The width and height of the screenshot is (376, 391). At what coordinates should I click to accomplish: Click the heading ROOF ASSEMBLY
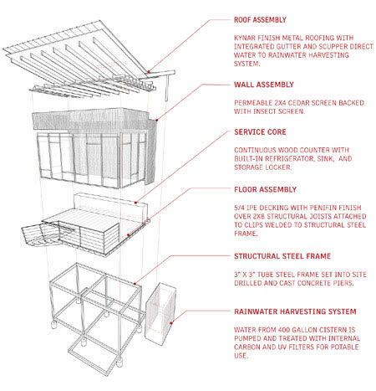point(260,20)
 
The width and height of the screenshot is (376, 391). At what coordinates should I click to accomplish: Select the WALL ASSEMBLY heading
point(264,85)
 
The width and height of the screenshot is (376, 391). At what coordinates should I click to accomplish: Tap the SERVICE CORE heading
point(260,132)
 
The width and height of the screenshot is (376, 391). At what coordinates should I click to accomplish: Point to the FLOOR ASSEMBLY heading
point(265,189)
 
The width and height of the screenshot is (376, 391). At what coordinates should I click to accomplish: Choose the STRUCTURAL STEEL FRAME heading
point(282,256)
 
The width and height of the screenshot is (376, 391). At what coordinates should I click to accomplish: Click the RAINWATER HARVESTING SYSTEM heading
point(295,311)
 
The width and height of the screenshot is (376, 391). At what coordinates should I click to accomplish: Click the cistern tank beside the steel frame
point(160,314)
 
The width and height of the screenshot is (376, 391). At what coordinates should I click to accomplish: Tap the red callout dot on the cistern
point(171,323)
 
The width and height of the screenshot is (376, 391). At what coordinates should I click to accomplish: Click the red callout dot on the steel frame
point(135,284)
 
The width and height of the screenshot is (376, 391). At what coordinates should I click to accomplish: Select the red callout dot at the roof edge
point(149,72)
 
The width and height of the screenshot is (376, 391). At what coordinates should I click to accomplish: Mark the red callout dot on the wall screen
point(157,120)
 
